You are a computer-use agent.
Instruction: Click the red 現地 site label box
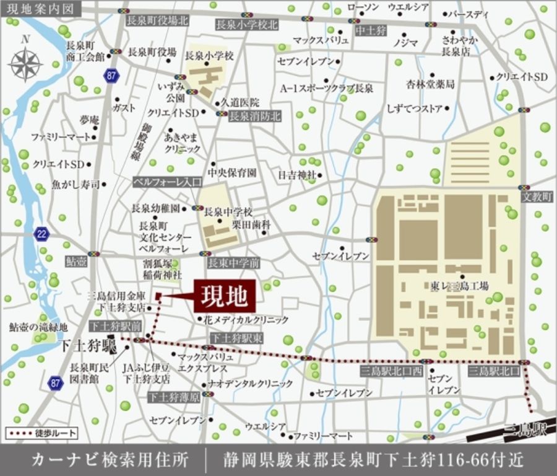point(225,296)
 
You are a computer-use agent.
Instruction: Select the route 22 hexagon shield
point(41,234)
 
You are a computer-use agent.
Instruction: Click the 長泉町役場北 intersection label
point(157,20)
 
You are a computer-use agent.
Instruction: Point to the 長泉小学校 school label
point(210,56)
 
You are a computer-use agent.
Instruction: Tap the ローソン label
point(363,7)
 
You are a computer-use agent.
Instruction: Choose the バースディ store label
point(468,14)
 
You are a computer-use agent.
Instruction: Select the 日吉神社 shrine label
point(297,175)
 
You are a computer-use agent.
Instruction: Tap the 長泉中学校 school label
point(228,211)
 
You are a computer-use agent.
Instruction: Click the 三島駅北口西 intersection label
point(391,371)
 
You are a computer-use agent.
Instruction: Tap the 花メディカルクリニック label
point(246,320)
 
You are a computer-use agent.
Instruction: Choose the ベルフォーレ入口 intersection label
point(168,182)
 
